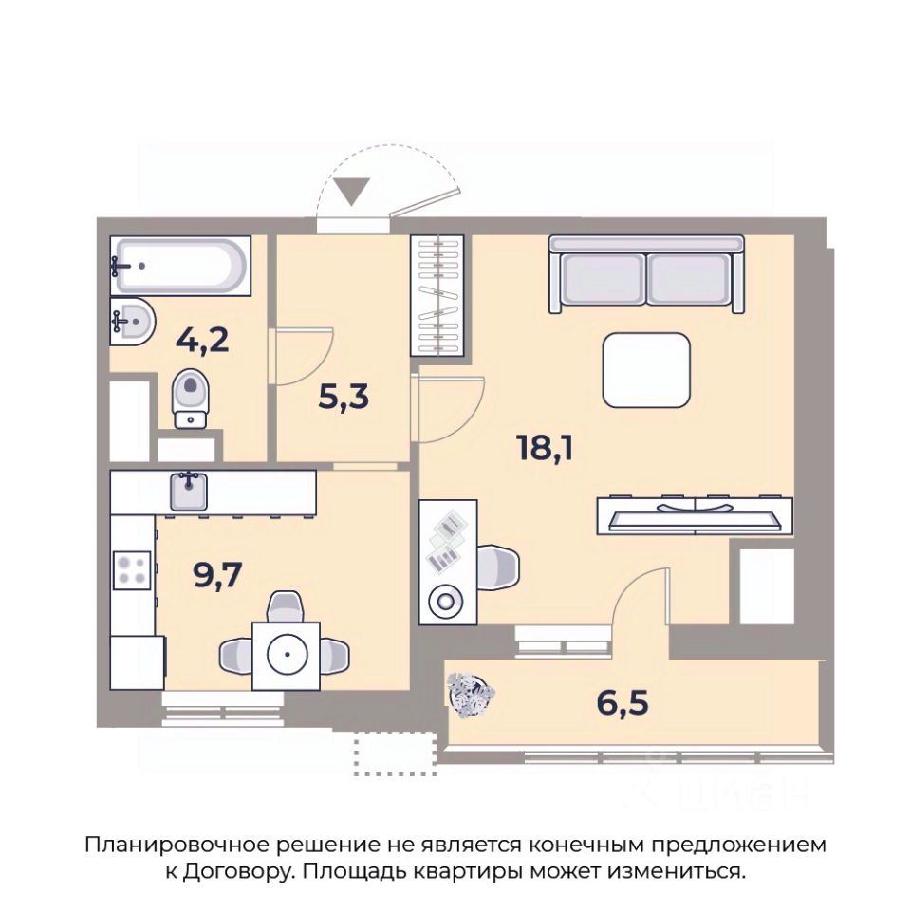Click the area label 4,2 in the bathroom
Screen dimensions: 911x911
(x=202, y=341)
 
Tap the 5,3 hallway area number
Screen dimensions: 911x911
(x=344, y=397)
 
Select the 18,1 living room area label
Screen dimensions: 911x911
(x=545, y=448)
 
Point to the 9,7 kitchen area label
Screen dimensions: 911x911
(x=216, y=575)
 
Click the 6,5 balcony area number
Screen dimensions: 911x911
(x=623, y=702)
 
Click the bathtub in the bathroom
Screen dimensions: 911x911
(x=180, y=266)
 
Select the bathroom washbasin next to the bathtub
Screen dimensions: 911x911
(x=133, y=321)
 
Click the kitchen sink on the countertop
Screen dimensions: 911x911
(x=188, y=491)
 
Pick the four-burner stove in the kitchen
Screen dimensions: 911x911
(x=132, y=570)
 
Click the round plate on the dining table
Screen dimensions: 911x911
(x=287, y=654)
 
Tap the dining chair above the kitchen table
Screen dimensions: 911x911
(x=286, y=606)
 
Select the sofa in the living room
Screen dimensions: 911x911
(x=646, y=274)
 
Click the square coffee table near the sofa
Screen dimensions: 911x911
(x=646, y=370)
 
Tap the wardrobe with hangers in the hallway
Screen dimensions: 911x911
(x=437, y=295)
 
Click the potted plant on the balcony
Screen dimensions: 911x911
(x=471, y=695)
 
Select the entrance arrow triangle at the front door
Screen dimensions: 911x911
(x=351, y=192)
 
